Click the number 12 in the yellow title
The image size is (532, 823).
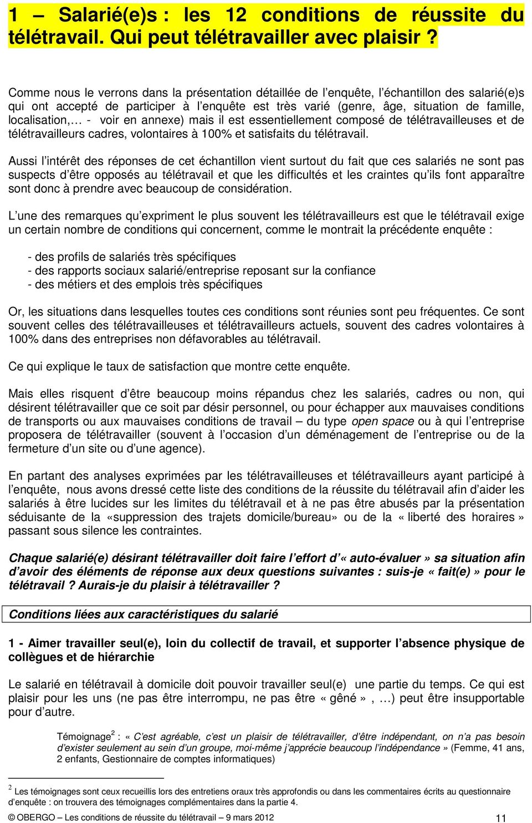tap(236, 15)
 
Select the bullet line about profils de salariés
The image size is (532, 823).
tap(132, 257)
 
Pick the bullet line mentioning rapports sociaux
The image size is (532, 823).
tap(202, 271)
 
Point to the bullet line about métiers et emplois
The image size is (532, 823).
tap(145, 285)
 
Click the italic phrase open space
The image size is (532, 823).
tap(382, 422)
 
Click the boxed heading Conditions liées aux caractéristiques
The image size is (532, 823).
tap(144, 615)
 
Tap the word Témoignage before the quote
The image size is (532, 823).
tap(84, 737)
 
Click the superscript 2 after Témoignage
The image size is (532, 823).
tap(113, 733)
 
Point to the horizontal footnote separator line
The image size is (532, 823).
tap(86, 778)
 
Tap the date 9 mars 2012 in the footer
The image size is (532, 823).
tap(249, 817)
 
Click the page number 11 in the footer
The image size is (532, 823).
tap(500, 818)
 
